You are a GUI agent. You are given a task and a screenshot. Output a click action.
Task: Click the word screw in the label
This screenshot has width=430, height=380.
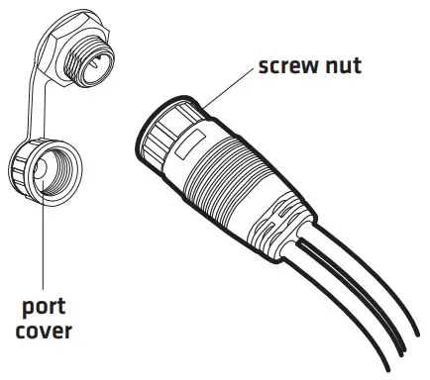tap(291, 67)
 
